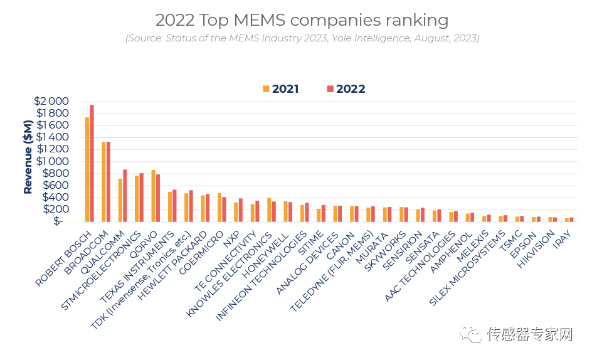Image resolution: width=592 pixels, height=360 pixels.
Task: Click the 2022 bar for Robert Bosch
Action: [x=92, y=163]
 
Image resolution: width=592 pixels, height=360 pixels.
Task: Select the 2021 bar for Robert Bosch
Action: [x=87, y=169]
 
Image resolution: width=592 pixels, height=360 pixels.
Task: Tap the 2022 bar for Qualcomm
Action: [x=125, y=195]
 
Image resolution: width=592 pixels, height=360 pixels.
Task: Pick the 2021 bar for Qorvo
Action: [x=153, y=195]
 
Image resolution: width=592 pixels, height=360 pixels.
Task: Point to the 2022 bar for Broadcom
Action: [x=108, y=181]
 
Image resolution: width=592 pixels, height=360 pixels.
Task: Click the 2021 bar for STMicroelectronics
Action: [x=137, y=198]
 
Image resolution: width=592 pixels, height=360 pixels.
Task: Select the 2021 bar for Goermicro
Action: [x=219, y=207]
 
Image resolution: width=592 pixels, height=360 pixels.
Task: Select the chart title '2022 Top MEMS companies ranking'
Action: [x=302, y=20]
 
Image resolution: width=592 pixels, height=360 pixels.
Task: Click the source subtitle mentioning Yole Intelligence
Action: [x=302, y=38]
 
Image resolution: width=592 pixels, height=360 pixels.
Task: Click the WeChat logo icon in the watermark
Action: [x=470, y=334]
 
